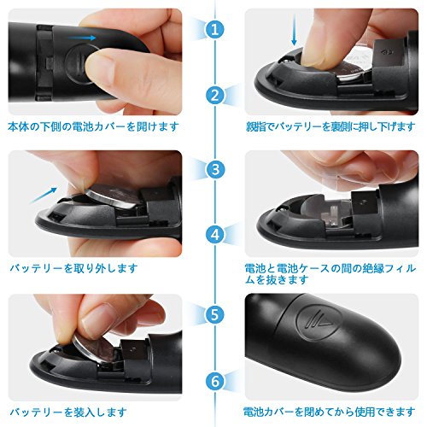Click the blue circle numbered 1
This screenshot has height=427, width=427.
tap(215, 29)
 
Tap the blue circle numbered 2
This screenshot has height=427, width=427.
tap(215, 96)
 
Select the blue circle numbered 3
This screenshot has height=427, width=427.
tap(215, 169)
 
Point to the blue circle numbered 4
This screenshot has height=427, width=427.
tap(215, 235)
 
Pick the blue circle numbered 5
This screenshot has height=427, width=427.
tap(215, 314)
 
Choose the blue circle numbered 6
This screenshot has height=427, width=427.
tap(215, 381)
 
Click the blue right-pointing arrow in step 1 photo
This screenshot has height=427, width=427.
tap(82, 38)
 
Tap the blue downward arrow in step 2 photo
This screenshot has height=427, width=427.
tap(295, 30)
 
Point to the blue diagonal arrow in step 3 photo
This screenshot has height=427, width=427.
tap(44, 195)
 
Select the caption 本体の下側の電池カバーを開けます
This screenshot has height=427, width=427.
tap(93, 126)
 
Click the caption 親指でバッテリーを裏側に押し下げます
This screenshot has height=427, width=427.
tap(330, 126)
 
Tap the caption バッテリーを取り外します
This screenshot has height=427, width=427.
tap(74, 268)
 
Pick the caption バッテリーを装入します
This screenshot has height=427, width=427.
tap(68, 412)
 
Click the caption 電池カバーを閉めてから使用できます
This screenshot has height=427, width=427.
tap(329, 412)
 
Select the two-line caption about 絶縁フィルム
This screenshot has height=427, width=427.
tap(330, 274)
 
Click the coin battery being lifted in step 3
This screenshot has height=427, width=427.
tap(114, 197)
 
